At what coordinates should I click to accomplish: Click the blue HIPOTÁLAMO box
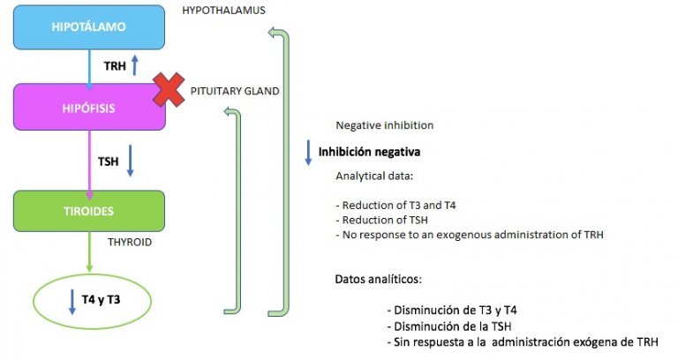[x=88, y=27]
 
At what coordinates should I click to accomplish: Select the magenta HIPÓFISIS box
[x=88, y=107]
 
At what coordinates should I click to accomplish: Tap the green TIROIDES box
[x=88, y=211]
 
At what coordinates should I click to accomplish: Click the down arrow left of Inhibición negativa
[x=309, y=151]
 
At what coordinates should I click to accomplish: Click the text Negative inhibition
[x=384, y=126]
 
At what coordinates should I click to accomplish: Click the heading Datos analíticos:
[x=378, y=279]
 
